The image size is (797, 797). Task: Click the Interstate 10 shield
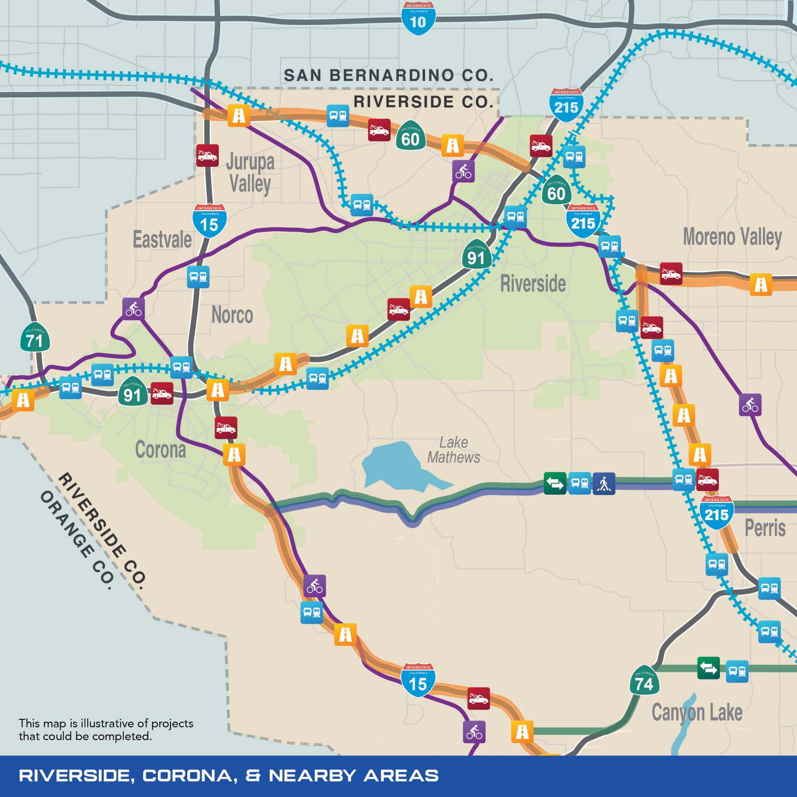tap(418, 19)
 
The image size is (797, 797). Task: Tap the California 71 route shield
tap(35, 337)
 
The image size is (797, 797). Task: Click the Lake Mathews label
tap(453, 450)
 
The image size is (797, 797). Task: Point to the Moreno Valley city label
tap(732, 237)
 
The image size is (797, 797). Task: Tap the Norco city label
tap(232, 315)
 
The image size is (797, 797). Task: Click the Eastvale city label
tap(162, 240)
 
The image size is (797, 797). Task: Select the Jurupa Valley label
tap(250, 173)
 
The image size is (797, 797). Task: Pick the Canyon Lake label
tap(697, 712)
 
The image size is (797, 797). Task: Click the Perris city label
tap(765, 528)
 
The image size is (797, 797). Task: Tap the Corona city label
tap(161, 450)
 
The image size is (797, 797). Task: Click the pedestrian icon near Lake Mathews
tap(604, 484)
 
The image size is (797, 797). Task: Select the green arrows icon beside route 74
tap(708, 668)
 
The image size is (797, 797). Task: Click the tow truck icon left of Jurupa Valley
tap(208, 156)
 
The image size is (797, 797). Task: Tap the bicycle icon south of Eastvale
tap(134, 309)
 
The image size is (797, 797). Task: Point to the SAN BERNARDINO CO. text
tap(389, 76)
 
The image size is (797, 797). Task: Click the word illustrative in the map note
tap(107, 724)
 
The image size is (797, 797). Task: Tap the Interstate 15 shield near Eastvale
tap(210, 221)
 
